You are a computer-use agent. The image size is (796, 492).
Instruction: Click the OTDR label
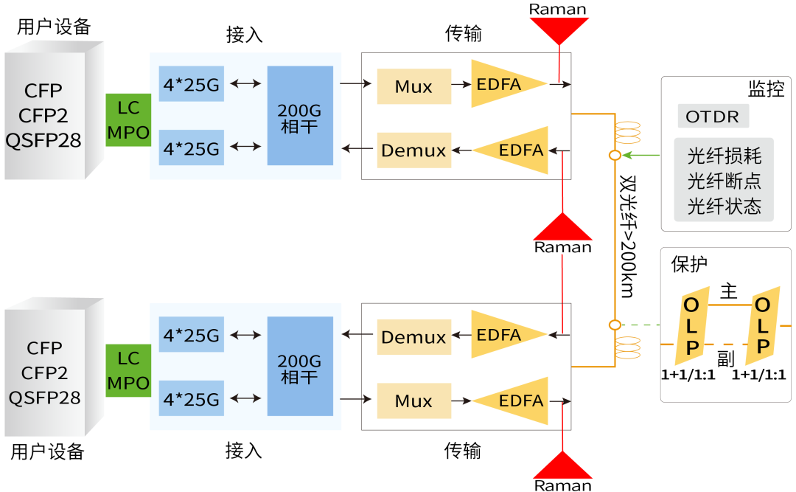[x=712, y=117]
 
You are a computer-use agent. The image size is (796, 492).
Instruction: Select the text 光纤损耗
[x=724, y=156]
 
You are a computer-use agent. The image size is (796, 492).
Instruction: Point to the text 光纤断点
[x=724, y=181]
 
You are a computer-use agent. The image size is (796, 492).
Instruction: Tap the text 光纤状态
[x=724, y=206]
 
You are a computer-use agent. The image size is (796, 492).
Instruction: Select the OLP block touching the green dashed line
[x=691, y=326]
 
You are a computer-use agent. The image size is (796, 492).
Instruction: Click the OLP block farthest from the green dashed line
[x=762, y=326]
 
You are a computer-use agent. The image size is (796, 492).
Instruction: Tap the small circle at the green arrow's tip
[x=614, y=156]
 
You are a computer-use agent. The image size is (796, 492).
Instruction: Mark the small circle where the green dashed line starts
[x=614, y=325]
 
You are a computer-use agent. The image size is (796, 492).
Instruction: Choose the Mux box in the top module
[x=413, y=86]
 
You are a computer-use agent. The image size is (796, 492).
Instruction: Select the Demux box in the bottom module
[x=413, y=337]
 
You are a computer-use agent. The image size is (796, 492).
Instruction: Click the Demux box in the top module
[x=413, y=150]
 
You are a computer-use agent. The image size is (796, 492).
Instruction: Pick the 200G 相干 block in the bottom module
[x=299, y=368]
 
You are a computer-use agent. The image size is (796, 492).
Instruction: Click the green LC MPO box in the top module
[x=128, y=120]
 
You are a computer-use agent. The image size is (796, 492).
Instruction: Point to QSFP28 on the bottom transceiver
[x=44, y=398]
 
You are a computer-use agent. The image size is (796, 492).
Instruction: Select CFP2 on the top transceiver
[x=43, y=116]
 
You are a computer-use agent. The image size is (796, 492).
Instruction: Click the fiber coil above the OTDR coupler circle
[x=628, y=133]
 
